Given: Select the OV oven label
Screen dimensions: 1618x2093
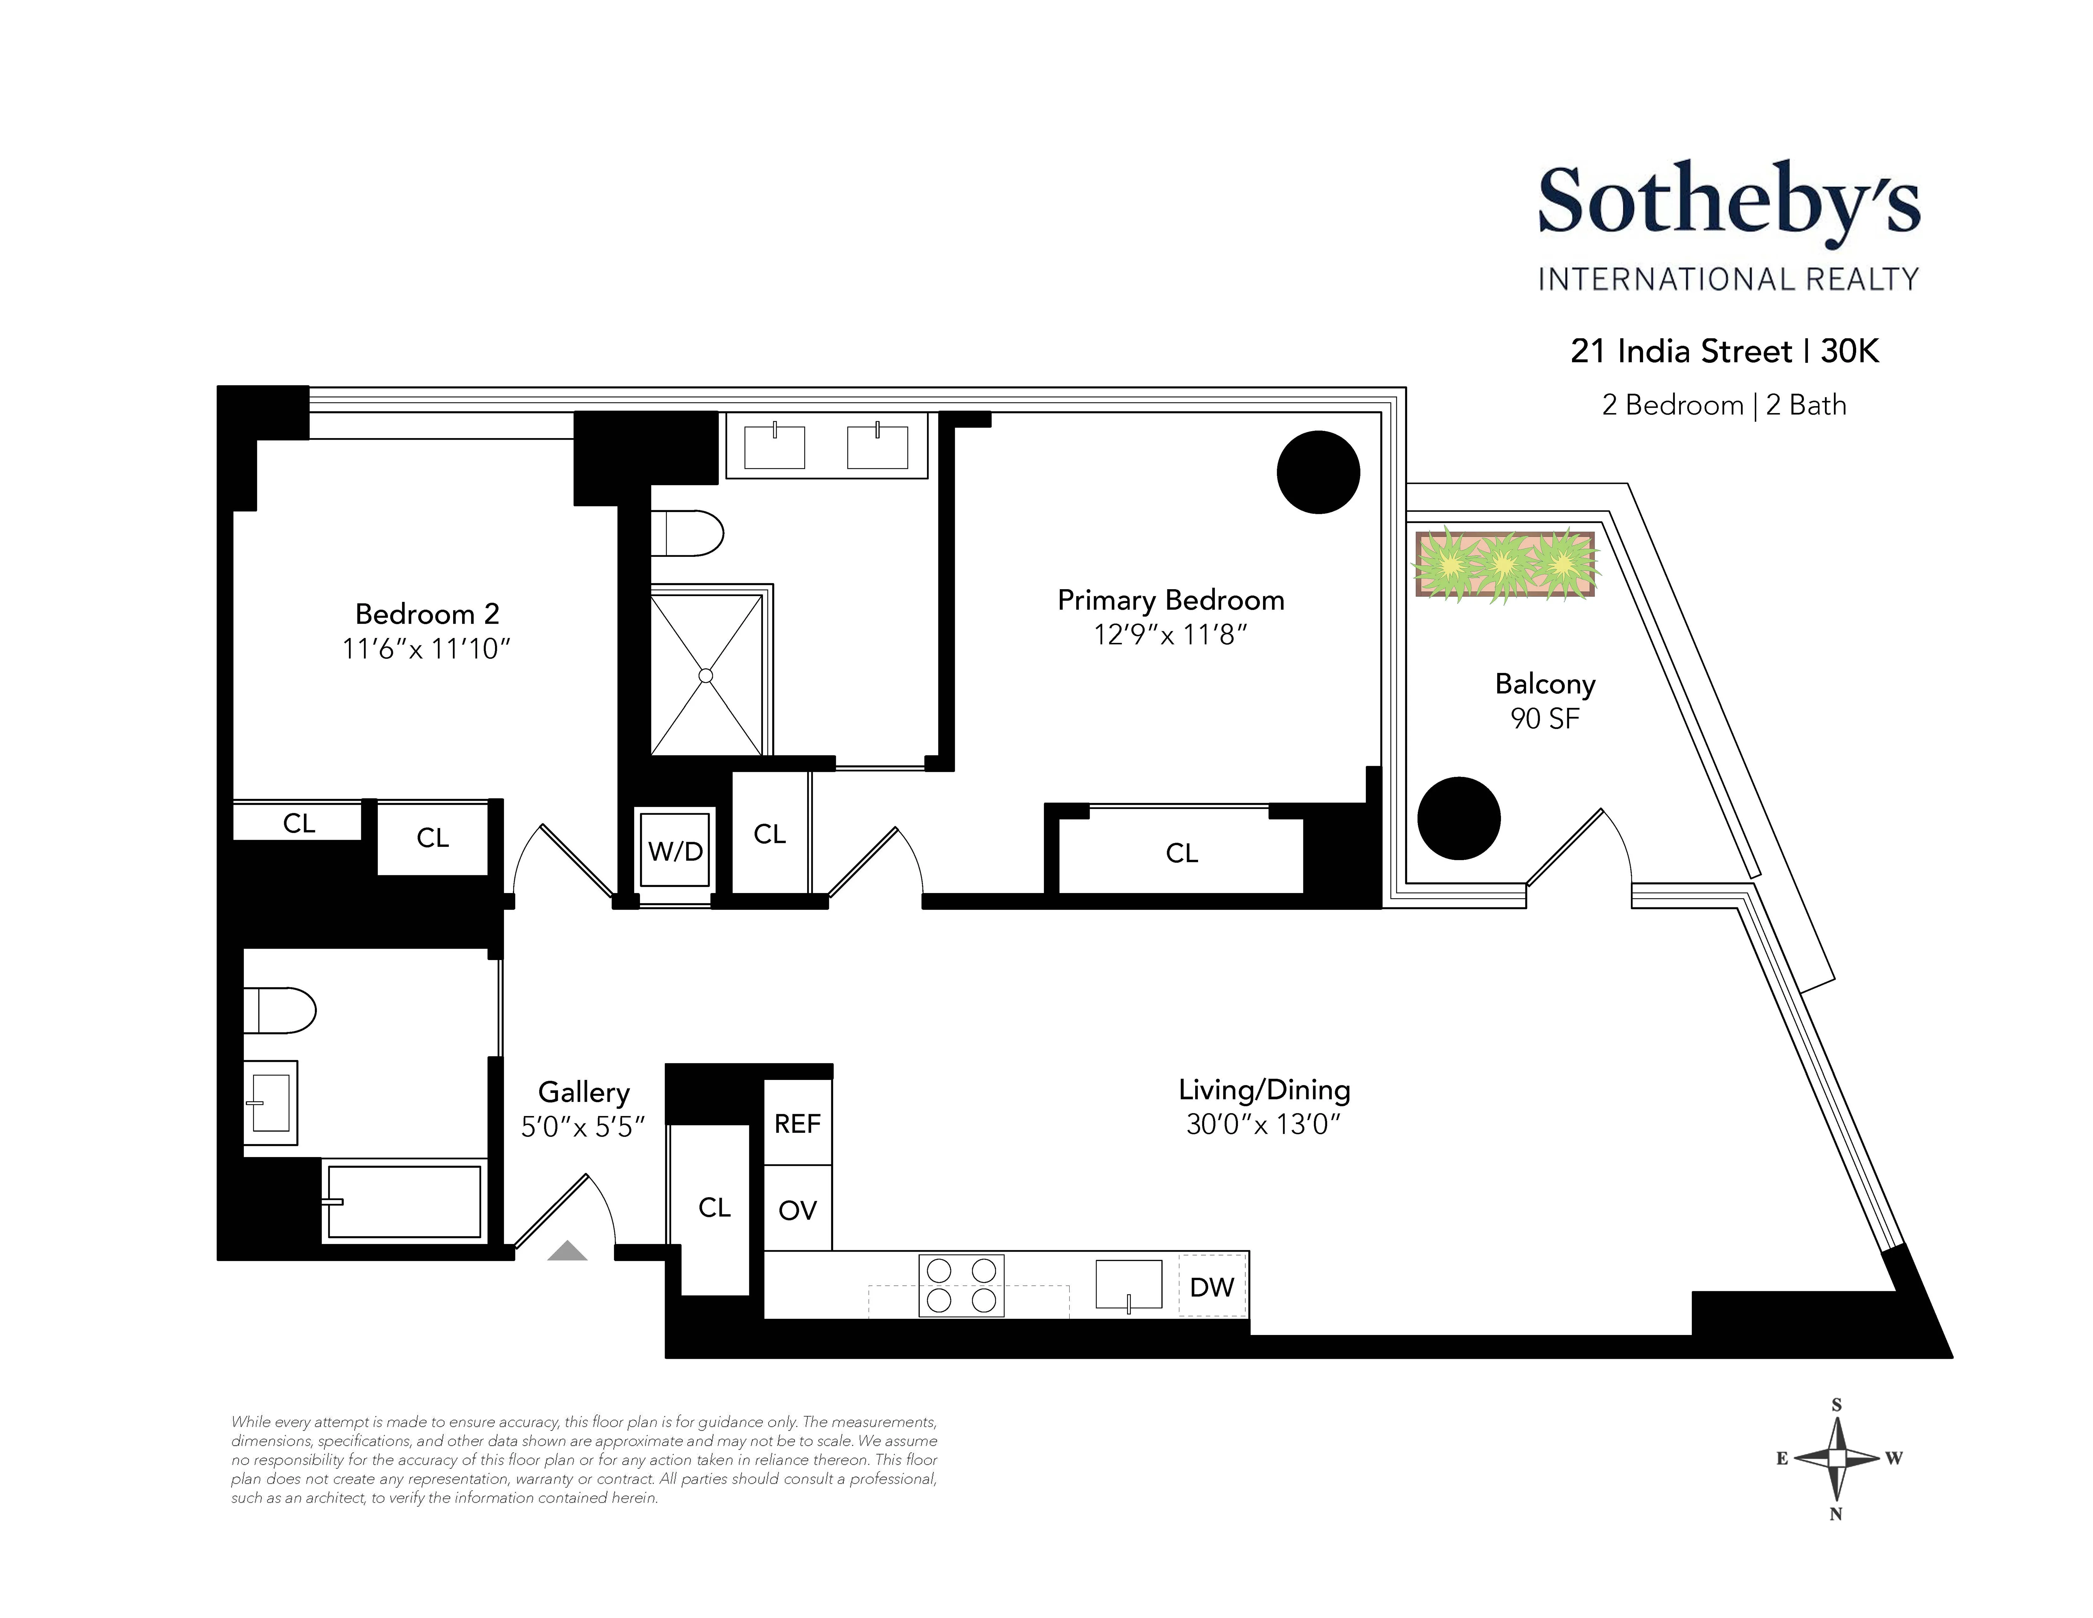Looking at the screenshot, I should click(x=797, y=1210).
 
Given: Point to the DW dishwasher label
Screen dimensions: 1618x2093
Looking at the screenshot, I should click(x=1211, y=1286).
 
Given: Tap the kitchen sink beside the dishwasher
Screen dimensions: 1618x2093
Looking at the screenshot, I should click(x=1129, y=1285).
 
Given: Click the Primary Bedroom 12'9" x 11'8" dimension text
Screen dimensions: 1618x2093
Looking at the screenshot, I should click(x=1170, y=635).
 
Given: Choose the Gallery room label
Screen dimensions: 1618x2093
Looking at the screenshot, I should click(x=584, y=1092).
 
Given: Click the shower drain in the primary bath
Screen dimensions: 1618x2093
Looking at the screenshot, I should click(x=706, y=676).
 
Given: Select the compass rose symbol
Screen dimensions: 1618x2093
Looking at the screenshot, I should click(x=1836, y=1458).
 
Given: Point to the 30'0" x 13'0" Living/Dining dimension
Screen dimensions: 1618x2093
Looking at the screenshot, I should click(x=1263, y=1123).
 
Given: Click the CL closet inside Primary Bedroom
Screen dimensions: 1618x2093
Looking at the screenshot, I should click(x=1182, y=852).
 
